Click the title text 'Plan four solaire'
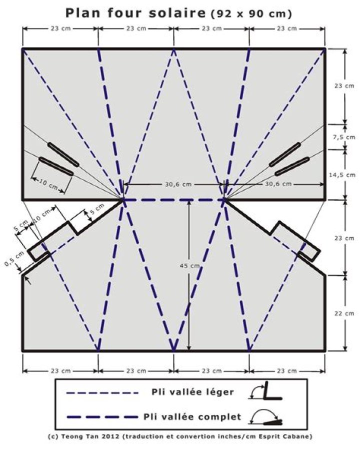click(x=135, y=13)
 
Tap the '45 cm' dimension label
click(x=189, y=266)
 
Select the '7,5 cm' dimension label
click(x=344, y=137)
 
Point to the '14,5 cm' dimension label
click(x=342, y=175)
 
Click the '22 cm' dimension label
click(x=344, y=313)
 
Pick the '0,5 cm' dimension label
click(x=14, y=259)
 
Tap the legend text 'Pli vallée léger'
click(x=192, y=392)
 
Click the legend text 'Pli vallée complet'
click(x=192, y=416)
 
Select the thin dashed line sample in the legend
click(x=102, y=392)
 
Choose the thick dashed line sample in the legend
click(x=102, y=416)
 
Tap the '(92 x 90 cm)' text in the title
click(x=251, y=14)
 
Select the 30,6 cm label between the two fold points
click(x=178, y=184)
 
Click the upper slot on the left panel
click(x=63, y=154)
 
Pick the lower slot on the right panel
click(x=292, y=167)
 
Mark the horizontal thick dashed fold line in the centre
click(x=173, y=200)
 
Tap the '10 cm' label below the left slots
click(x=48, y=184)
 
